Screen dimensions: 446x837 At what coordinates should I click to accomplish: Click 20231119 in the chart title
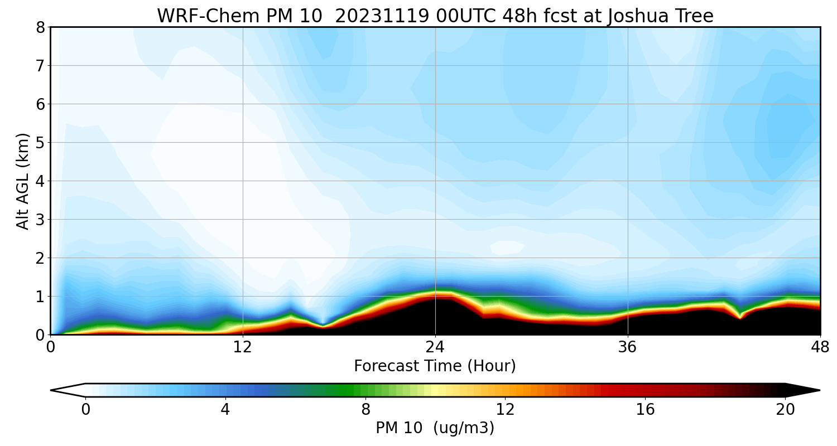click(382, 16)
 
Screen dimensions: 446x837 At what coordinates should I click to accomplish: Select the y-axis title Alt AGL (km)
click(22, 181)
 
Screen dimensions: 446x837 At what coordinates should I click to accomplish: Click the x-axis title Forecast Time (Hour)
click(435, 366)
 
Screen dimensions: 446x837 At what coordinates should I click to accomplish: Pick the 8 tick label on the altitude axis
click(40, 27)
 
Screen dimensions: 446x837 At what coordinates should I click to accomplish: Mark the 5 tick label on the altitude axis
click(40, 143)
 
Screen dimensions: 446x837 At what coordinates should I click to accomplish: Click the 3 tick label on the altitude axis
click(40, 220)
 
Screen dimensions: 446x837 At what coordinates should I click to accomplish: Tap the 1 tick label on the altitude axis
click(40, 297)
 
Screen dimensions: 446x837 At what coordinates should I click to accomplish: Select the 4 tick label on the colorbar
click(225, 410)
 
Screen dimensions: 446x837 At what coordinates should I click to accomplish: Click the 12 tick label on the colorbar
click(505, 410)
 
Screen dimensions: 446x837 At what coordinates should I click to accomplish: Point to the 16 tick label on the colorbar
click(645, 410)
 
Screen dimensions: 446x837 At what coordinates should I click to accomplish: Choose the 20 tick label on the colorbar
click(785, 410)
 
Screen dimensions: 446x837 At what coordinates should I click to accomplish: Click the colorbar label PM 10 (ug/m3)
click(435, 428)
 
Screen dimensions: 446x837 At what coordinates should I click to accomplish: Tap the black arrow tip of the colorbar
click(804, 390)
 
